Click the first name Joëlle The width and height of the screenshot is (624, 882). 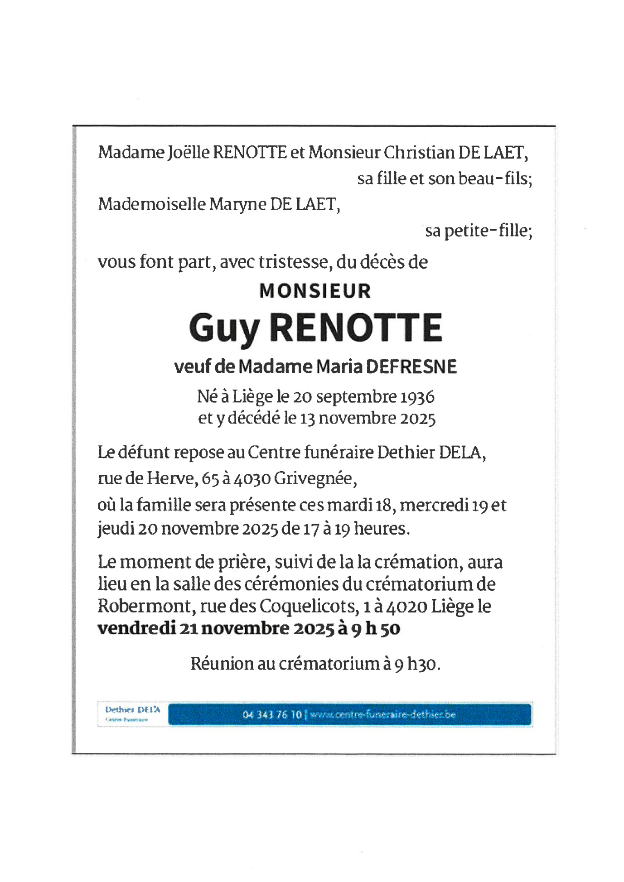(188, 153)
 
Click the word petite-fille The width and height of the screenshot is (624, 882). (486, 231)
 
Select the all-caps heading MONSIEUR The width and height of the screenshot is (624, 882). (315, 291)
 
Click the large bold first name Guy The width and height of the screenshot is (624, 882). (224, 328)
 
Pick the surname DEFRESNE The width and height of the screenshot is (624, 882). (411, 366)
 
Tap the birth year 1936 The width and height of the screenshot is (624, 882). (417, 397)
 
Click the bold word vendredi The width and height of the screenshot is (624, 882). (136, 628)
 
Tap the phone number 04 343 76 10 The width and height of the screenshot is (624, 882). (272, 715)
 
